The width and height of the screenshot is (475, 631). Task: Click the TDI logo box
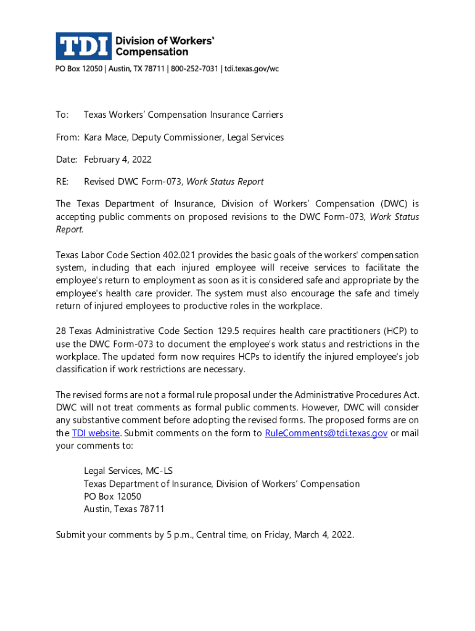point(83,46)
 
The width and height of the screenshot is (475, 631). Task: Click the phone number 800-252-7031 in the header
point(192,69)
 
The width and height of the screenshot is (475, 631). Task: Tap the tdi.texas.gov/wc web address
point(251,69)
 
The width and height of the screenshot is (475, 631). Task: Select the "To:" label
point(62,115)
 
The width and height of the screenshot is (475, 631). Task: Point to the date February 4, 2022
point(117,160)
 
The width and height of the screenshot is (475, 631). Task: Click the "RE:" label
point(63,182)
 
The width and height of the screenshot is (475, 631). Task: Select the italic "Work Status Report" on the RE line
point(225,182)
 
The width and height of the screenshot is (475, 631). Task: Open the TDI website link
point(96,433)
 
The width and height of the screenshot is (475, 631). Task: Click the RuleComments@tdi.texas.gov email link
point(326,433)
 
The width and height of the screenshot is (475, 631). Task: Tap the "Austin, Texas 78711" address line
point(124,510)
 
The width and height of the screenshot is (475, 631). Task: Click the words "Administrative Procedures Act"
point(357,395)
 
